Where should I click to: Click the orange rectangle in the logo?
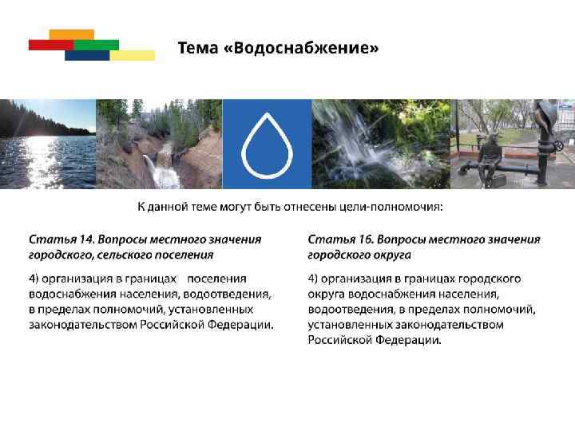[x=71, y=34]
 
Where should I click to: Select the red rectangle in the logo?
[x=50, y=45]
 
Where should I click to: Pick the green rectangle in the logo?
[x=97, y=45]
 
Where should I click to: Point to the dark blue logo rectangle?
[x=86, y=56]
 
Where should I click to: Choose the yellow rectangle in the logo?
[x=133, y=55]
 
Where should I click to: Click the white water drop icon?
[x=267, y=144]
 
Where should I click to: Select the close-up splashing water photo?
[x=379, y=144]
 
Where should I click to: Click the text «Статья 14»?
[x=61, y=239]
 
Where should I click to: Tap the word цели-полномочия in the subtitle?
[x=395, y=208]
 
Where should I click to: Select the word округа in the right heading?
[x=392, y=255]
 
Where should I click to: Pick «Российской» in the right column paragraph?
[x=339, y=339]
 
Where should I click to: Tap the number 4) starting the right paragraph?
[x=315, y=279]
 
